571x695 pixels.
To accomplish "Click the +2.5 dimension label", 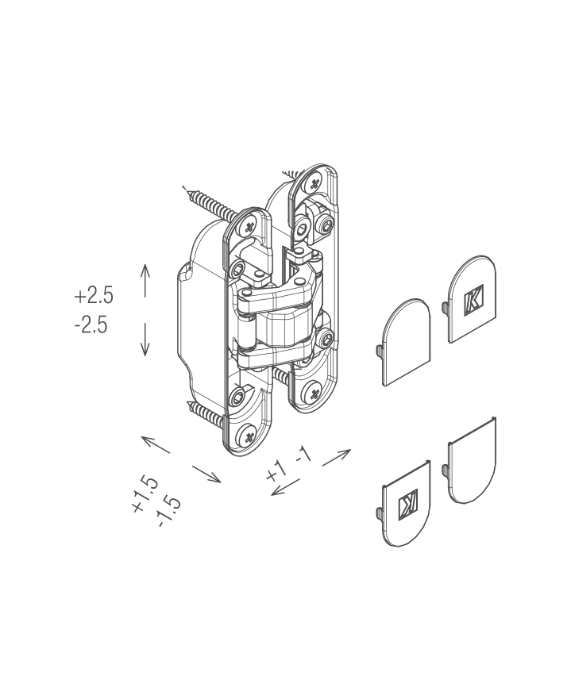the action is [x=94, y=295].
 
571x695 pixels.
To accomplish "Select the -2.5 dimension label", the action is [x=91, y=325].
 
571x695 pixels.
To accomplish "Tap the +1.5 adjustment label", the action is [x=145, y=494].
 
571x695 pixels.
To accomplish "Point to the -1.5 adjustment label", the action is [x=169, y=512].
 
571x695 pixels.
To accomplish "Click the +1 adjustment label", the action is [x=276, y=470].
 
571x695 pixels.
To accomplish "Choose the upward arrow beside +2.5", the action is [x=145, y=280].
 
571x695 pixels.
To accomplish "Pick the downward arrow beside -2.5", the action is [x=145, y=339].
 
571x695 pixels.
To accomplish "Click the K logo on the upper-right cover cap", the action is [x=473, y=300].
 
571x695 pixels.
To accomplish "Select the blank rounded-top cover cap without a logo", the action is [x=407, y=342].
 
